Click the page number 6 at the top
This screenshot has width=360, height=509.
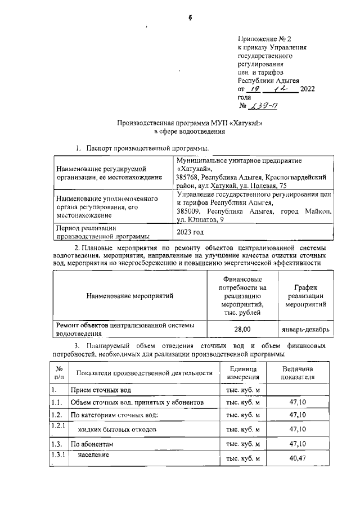point(190,17)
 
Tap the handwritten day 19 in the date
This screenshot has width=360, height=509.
point(256,88)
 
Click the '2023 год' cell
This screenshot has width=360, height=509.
point(190,232)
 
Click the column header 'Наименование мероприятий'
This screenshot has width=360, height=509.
point(130,295)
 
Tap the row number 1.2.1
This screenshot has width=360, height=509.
point(57,425)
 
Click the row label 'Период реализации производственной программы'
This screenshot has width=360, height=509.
point(103,232)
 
